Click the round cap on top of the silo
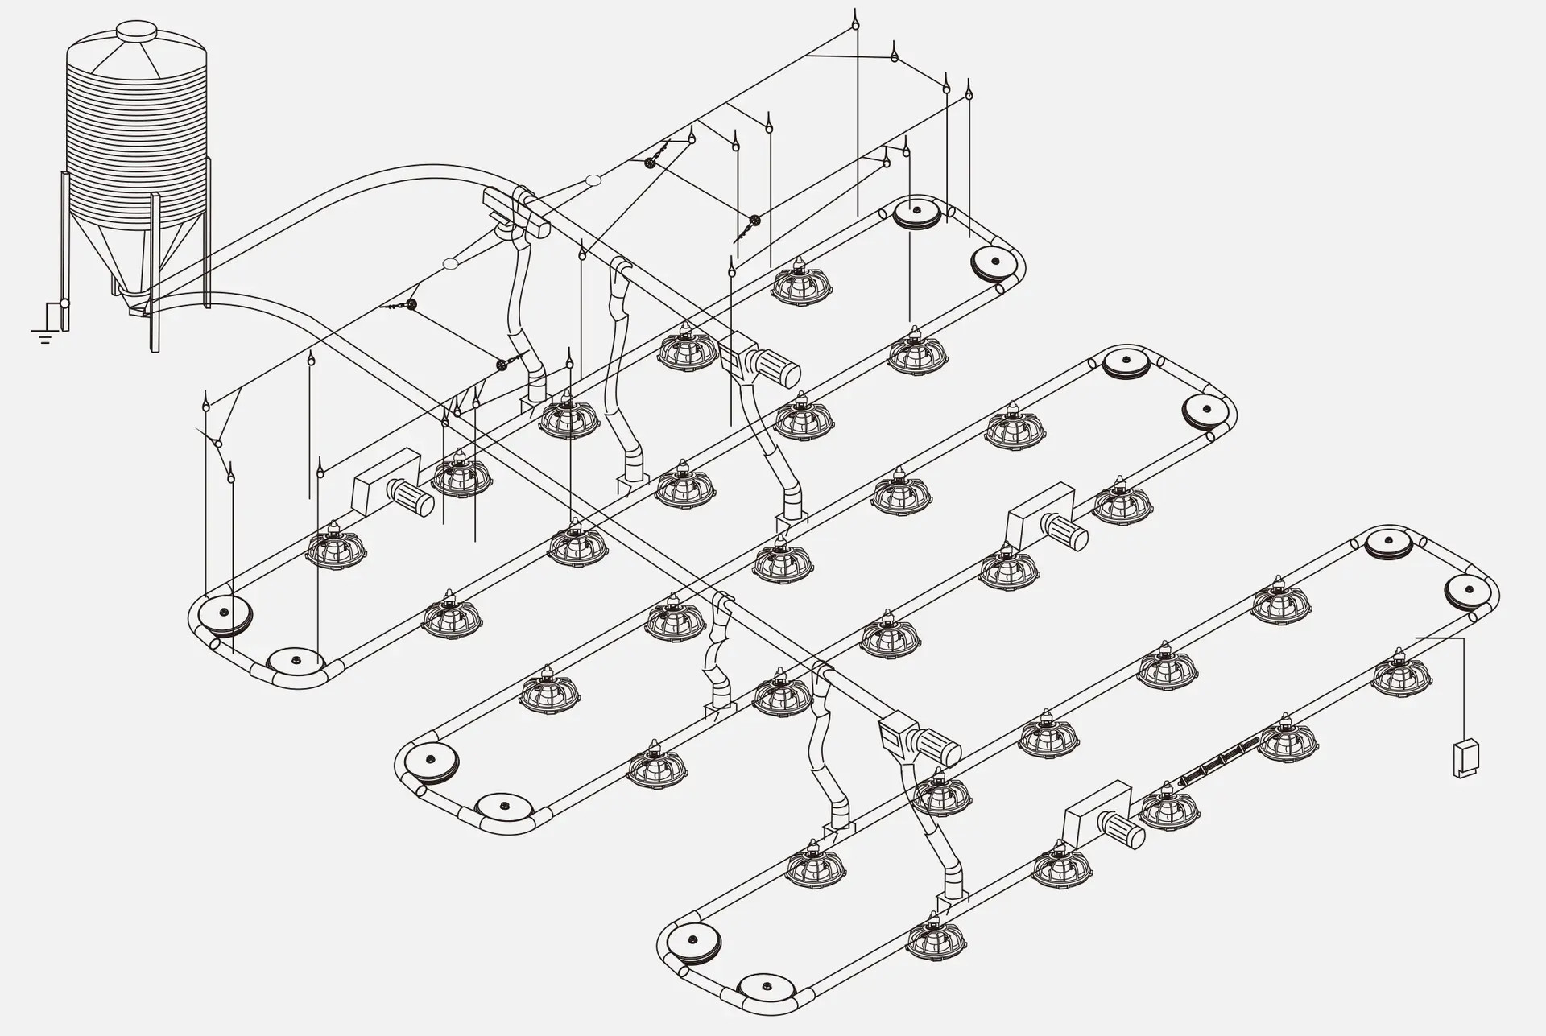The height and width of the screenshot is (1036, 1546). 136,31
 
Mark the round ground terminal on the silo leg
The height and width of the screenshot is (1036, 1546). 64,304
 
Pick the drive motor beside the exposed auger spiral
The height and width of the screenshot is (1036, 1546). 1121,828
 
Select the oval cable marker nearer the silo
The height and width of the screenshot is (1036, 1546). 451,263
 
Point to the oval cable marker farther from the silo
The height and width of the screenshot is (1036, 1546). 593,180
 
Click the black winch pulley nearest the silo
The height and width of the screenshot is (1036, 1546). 412,304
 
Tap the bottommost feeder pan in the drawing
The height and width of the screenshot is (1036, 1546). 935,939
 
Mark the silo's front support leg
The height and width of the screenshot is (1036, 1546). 154,274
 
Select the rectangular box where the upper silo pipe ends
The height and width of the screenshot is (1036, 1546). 515,212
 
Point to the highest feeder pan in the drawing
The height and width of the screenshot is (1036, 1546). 801,283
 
